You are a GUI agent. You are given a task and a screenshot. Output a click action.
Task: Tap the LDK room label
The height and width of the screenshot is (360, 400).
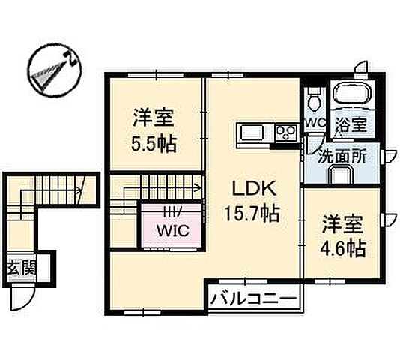252,188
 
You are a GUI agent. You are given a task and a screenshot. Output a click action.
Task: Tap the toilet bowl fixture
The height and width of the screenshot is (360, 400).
315,97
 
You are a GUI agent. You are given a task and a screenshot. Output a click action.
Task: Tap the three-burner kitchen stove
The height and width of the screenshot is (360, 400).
284,134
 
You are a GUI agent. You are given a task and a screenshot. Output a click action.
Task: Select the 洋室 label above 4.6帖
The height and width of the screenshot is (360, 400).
344,223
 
